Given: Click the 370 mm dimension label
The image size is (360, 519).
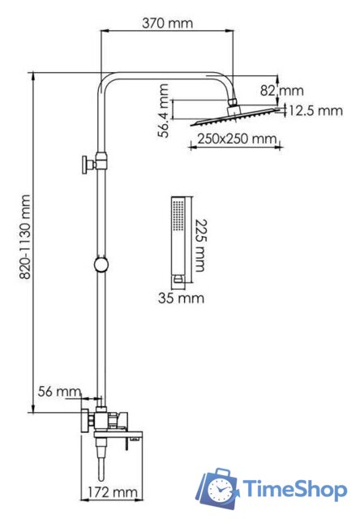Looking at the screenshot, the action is point(167,23).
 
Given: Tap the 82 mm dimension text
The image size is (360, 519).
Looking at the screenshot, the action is point(281,90).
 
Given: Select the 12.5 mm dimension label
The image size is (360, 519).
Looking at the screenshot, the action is point(315,110).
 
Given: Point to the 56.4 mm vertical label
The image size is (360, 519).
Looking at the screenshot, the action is point(163,110).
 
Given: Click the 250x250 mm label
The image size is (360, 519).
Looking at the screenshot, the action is point(237,139).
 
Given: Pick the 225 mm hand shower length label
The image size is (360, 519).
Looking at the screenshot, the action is point(199,245).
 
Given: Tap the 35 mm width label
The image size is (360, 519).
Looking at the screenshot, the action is point(181,298).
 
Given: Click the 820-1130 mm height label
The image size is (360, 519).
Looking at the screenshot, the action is point(25,237).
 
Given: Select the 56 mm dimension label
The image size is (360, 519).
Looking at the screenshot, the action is point(59,391).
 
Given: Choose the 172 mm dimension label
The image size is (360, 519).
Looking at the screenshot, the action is point(113,492).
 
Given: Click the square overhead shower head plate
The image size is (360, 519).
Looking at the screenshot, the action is point(235,117).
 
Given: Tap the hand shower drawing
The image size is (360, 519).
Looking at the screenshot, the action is point(179,240).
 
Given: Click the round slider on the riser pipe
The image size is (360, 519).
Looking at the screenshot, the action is point(101,264).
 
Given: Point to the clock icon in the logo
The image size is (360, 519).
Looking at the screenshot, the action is point(218,489).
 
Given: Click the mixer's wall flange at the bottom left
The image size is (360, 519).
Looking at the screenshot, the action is point(86,420).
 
